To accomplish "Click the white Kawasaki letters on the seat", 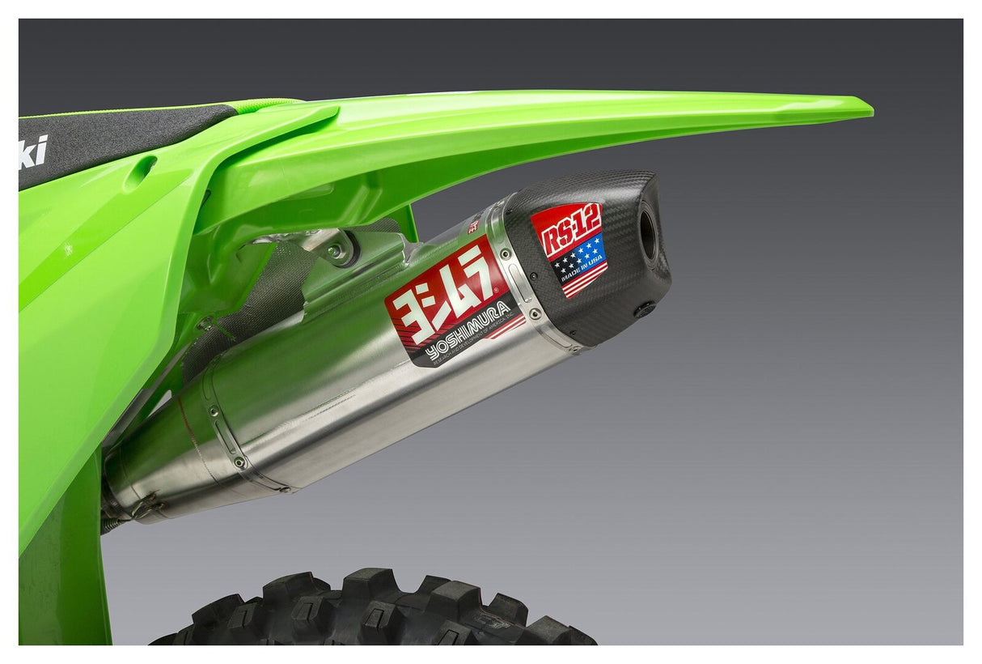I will [x=32, y=152].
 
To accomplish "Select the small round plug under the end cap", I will [x=645, y=309].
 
